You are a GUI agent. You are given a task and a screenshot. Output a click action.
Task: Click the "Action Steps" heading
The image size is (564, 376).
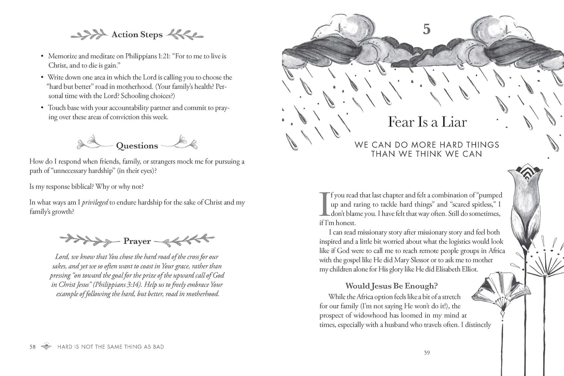point(137,35)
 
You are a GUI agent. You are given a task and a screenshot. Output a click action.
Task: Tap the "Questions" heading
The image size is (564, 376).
point(137,146)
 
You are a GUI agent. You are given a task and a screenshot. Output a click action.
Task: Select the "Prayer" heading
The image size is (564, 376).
point(137,241)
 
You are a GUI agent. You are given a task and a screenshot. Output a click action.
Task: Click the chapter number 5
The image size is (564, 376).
point(427,29)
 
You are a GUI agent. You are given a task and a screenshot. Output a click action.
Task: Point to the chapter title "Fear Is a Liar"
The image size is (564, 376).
point(427,122)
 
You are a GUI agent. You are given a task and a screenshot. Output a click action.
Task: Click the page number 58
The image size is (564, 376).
point(32,347)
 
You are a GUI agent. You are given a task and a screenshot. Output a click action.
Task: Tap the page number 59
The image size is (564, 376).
point(427,353)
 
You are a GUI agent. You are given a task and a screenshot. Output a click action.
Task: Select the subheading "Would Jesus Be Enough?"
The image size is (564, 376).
point(391,286)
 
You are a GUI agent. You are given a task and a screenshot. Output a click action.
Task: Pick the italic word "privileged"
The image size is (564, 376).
point(94,203)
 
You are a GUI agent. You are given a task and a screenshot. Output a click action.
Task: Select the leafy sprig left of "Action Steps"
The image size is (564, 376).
point(89,35)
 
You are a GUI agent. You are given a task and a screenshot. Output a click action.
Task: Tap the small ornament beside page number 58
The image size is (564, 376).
point(46,346)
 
